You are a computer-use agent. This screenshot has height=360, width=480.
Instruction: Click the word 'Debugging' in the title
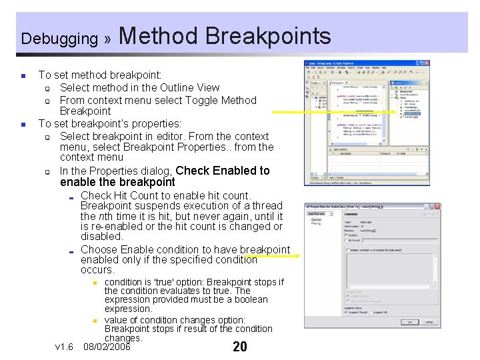[x=59, y=39]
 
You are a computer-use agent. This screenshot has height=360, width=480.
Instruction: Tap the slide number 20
[x=240, y=347]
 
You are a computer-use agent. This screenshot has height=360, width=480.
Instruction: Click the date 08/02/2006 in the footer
[x=107, y=347]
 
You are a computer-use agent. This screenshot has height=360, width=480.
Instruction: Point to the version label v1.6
[x=65, y=347]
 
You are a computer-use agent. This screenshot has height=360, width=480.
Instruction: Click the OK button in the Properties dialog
[x=410, y=322]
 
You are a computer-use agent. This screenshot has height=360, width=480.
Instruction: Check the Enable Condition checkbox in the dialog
[x=348, y=250]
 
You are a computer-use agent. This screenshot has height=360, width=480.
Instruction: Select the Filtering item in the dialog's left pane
[x=316, y=223]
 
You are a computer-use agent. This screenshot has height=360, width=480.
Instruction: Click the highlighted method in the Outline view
[x=411, y=113]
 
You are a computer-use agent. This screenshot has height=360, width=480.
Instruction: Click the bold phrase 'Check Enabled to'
[x=223, y=171]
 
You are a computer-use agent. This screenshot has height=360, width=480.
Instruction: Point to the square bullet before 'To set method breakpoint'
[x=23, y=76]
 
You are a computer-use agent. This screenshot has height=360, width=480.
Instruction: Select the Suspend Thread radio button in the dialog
[x=347, y=312]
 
